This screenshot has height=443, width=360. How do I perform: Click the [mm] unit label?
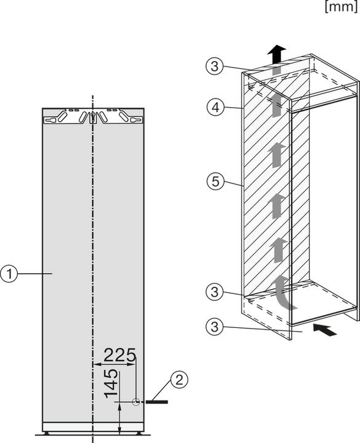pyautogui.click(x=340, y=7)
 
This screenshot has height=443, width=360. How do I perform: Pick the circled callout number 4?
pyautogui.click(x=212, y=107)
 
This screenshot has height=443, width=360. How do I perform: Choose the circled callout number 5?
pyautogui.click(x=212, y=182)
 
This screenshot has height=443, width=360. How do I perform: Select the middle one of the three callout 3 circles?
pyautogui.click(x=212, y=292)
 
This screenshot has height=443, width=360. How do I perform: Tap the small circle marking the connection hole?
pyautogui.click(x=136, y=401)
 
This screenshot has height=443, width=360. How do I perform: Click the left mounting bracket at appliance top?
pyautogui.click(x=67, y=115)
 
